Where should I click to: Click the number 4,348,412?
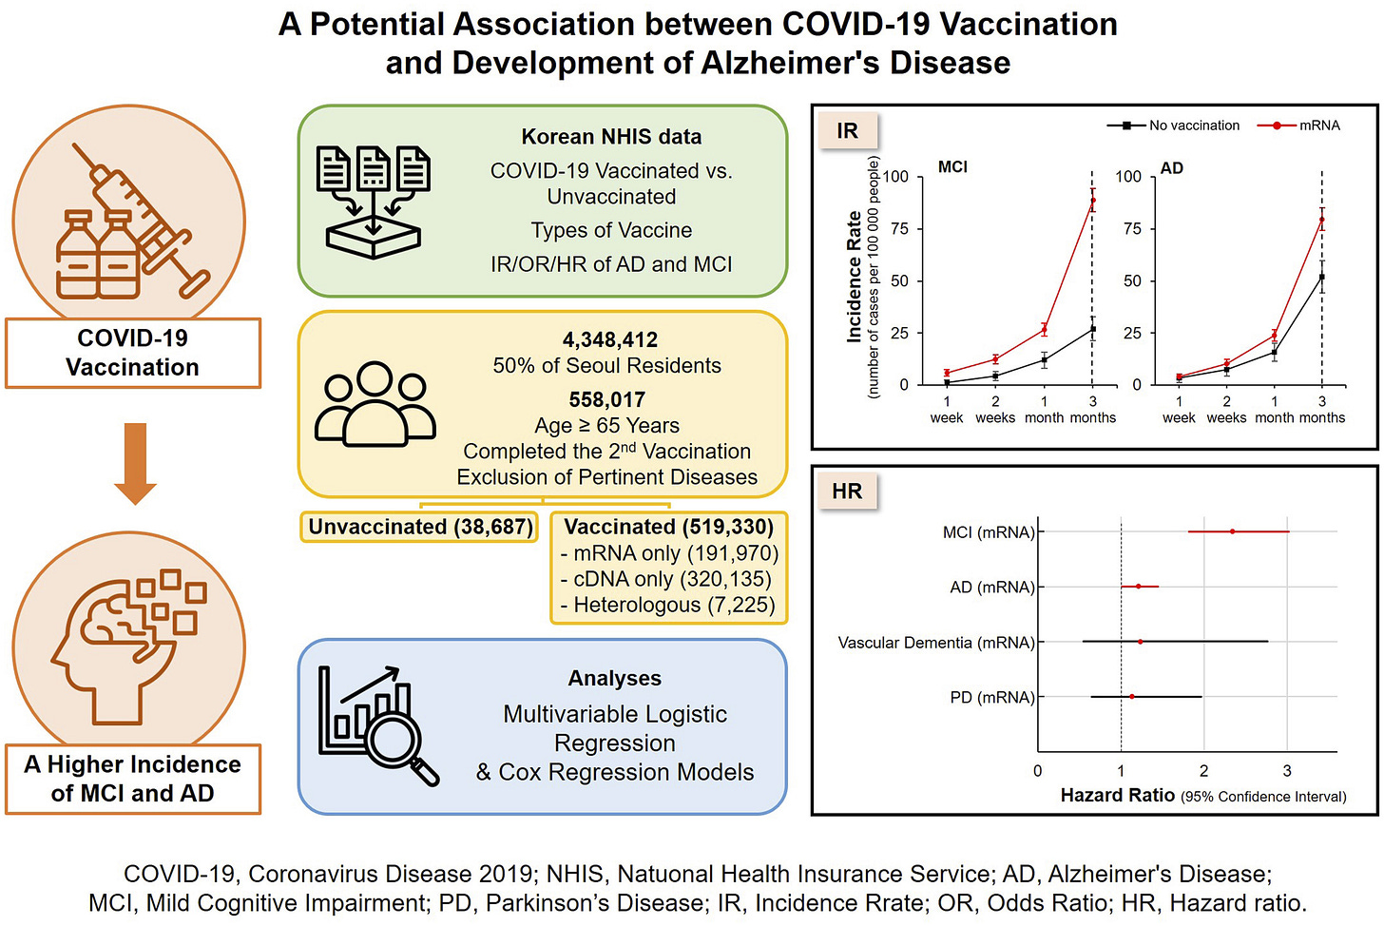(609, 339)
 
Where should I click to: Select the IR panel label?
(847, 131)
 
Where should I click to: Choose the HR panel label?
(847, 492)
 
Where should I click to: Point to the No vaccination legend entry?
(1173, 125)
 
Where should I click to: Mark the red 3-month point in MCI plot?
(1093, 201)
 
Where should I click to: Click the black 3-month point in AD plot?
(1322, 278)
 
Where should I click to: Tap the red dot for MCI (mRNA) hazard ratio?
(1233, 531)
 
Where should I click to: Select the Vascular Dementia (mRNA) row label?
(935, 643)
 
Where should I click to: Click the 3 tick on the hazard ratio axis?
(1287, 771)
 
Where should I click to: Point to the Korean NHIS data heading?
(611, 137)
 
